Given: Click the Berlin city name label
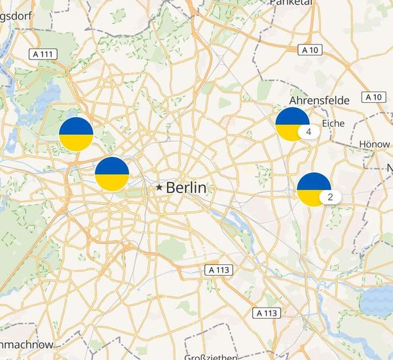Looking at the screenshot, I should point(186,188).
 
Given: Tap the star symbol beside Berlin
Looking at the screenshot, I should point(159,187).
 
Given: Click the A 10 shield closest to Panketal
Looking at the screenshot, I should point(309,49).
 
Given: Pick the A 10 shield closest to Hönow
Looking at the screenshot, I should point(373,97).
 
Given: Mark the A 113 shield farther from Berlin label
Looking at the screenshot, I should point(267,313).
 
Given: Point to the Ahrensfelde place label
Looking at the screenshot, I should point(319,100).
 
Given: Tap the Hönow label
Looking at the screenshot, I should point(375,143).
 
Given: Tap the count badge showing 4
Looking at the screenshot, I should point(308,131).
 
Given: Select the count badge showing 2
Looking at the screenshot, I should point(330,196).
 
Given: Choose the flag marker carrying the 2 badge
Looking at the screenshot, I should point(313,189).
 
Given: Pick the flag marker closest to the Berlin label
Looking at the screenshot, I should point(112,173).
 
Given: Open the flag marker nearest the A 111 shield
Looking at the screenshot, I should point(76,134).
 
